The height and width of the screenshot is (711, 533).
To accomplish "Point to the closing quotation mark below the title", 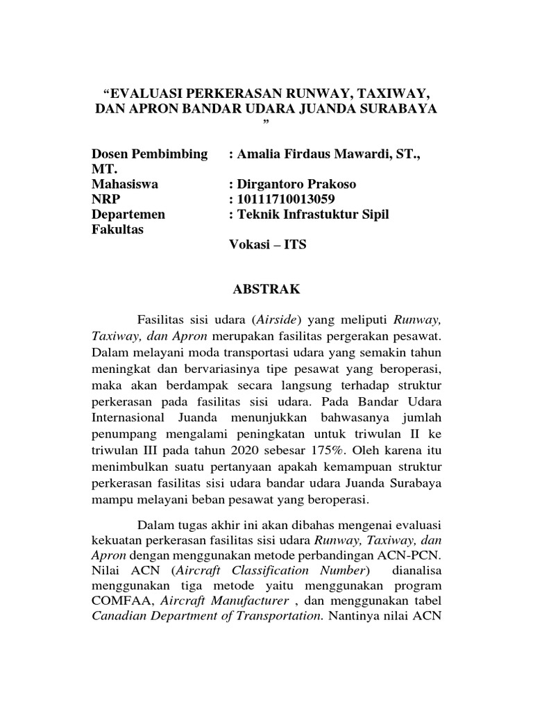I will [x=266, y=124].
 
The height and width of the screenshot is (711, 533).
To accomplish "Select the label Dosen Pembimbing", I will [x=149, y=154].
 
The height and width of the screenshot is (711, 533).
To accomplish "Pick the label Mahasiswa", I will [x=125, y=184].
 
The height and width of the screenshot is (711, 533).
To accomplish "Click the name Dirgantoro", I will [x=272, y=184].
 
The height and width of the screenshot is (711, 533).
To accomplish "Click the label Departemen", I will [x=127, y=215].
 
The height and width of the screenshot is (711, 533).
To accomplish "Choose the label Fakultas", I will [x=118, y=230].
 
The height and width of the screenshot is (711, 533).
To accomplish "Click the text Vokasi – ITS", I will [x=266, y=245].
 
